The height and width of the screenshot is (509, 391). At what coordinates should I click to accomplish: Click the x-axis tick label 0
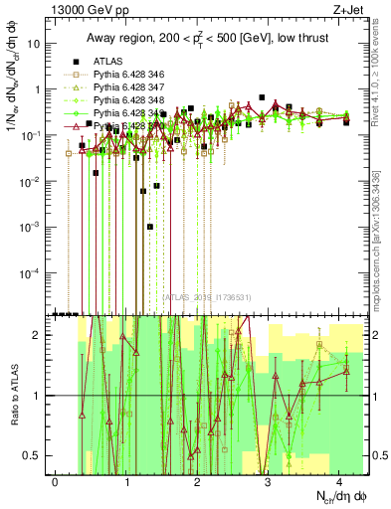(56, 480)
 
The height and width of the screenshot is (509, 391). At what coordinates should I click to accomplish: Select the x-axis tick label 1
(127, 480)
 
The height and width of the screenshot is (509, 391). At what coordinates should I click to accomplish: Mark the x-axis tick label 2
(198, 480)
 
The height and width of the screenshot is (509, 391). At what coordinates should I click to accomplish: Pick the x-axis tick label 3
(270, 480)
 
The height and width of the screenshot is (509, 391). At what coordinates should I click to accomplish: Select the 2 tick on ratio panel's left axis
(40, 335)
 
